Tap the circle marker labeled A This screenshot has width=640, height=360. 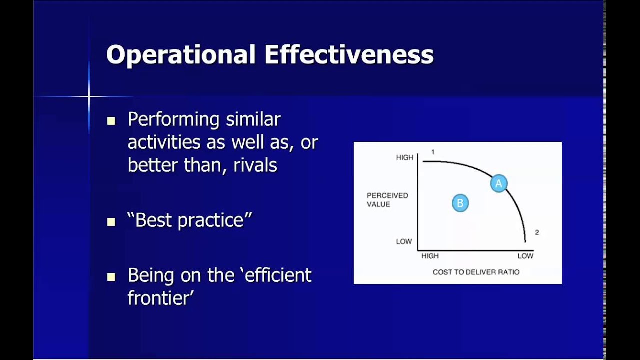point(498,184)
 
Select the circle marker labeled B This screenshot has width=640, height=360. point(460,203)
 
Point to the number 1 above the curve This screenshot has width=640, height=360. point(433,152)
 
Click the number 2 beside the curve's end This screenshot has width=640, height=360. point(537,232)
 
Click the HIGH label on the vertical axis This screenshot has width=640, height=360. point(404,157)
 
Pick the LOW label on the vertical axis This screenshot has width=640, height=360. point(404,241)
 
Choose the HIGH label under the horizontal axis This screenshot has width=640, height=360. point(430,256)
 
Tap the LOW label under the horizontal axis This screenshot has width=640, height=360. point(525,256)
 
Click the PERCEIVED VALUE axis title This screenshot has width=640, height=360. point(387,200)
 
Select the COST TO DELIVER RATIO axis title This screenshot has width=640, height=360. point(476,272)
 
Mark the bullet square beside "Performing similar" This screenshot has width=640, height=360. point(111,121)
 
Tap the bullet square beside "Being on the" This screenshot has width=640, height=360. point(111,276)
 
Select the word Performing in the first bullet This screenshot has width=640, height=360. point(173,120)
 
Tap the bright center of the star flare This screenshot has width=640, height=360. point(89,96)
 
